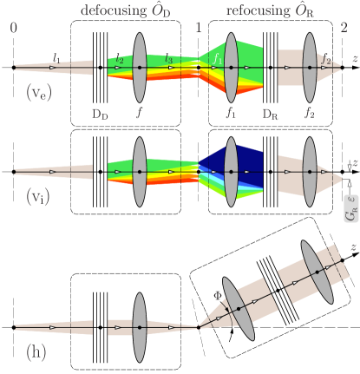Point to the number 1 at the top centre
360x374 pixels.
coord(198,28)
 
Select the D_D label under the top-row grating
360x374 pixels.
coord(100,112)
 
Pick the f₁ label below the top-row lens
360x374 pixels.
coord(231,112)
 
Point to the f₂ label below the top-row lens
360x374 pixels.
coord(310,112)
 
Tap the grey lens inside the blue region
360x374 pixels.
coord(231,171)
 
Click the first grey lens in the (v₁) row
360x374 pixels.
coord(139,171)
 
